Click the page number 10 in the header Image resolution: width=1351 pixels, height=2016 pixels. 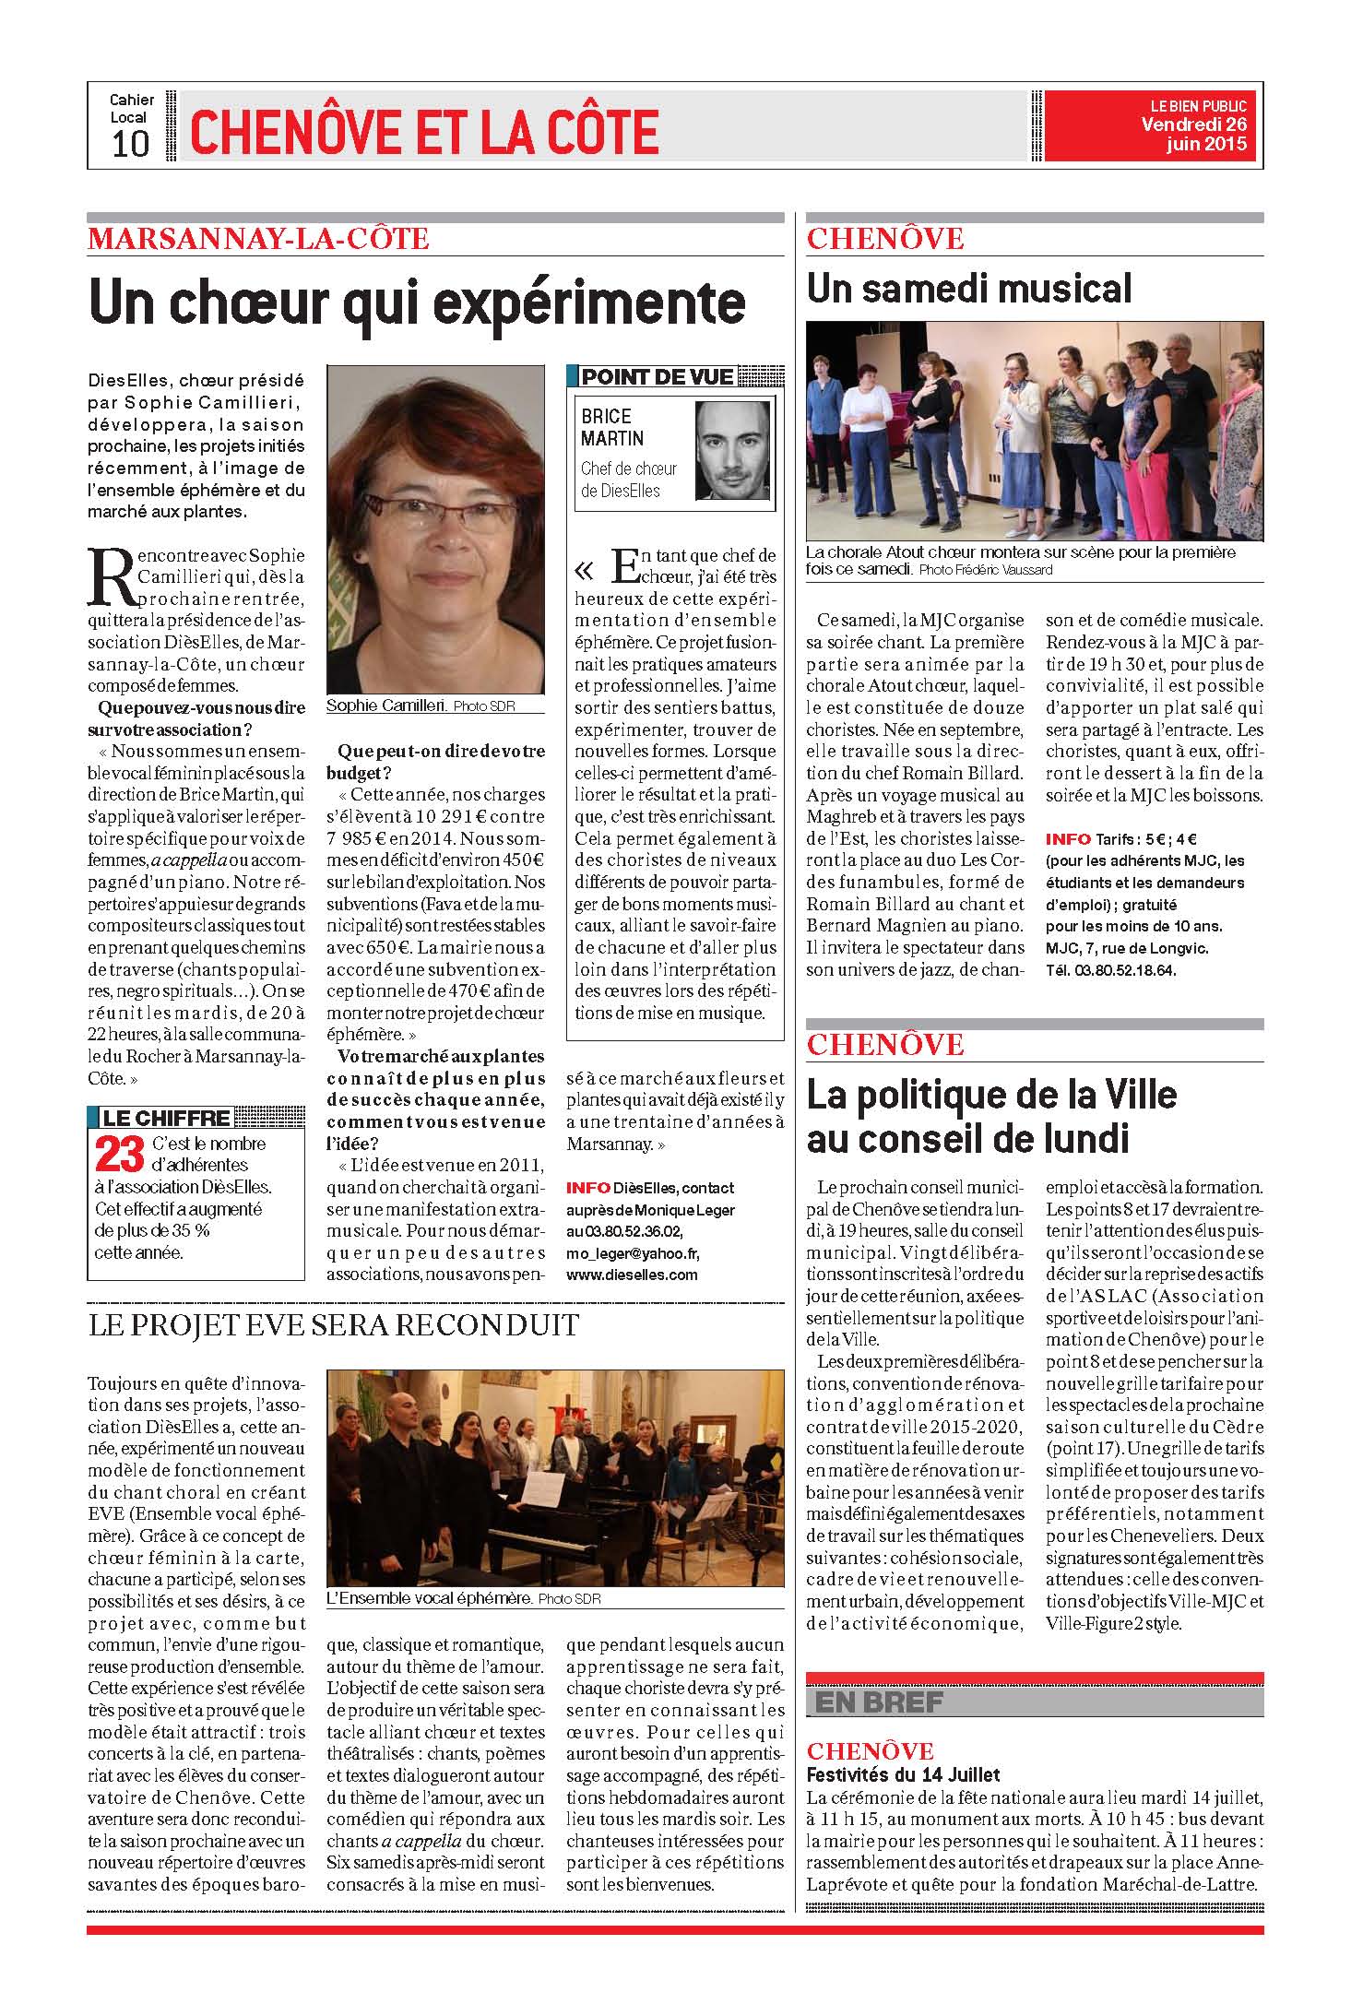(130, 144)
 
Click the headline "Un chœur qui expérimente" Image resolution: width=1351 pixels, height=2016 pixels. (417, 302)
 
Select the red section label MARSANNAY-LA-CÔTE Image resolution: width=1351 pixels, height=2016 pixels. (258, 239)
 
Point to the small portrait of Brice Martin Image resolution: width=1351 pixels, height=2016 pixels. (732, 451)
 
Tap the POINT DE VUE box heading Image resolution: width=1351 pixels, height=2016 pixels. (658, 376)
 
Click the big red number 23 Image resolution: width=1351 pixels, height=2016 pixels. (120, 1156)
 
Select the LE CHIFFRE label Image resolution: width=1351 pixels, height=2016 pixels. (166, 1118)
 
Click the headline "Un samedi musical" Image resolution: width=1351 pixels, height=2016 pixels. (968, 289)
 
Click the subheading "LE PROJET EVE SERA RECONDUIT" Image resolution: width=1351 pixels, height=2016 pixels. (333, 1325)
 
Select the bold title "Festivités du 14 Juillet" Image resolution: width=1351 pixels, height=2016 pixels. (903, 1773)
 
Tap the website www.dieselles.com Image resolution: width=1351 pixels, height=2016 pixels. (632, 1275)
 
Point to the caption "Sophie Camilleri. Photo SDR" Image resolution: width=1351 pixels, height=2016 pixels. (421, 706)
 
